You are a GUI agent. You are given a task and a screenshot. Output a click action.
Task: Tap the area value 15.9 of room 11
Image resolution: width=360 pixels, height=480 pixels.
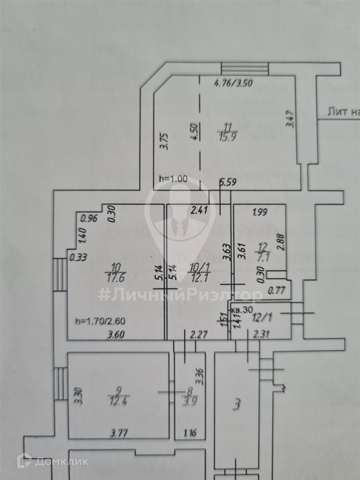click(227, 135)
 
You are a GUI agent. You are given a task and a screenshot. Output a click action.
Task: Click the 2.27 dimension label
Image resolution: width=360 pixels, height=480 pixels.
click(199, 335)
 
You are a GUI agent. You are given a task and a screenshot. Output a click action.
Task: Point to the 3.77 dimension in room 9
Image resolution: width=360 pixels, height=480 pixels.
click(119, 433)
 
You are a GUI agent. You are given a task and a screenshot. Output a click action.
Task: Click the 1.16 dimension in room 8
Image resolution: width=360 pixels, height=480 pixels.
click(190, 433)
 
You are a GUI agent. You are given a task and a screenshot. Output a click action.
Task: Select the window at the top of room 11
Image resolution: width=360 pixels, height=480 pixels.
click(244, 68)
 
